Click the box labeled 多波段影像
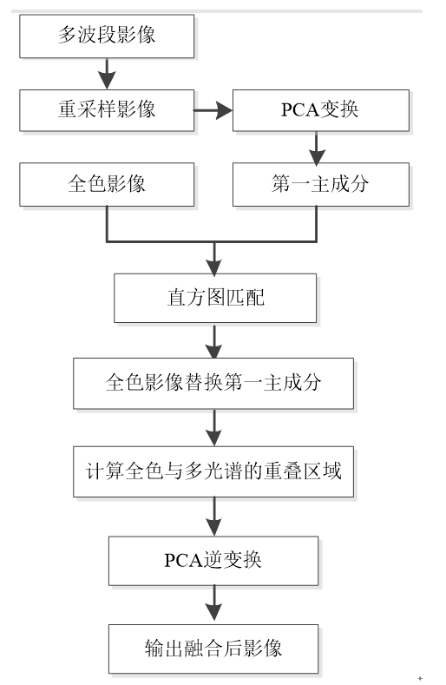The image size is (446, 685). (107, 36)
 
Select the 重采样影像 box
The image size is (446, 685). (107, 110)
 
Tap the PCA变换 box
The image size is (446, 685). (321, 110)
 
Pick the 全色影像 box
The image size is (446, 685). (107, 184)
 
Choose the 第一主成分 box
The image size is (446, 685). (321, 184)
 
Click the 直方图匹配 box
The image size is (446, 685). (215, 298)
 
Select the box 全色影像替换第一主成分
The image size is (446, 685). (213, 383)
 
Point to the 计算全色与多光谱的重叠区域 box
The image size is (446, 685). (213, 471)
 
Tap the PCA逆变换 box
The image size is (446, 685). (213, 561)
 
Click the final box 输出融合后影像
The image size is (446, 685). (213, 649)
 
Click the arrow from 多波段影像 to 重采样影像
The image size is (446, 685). (107, 74)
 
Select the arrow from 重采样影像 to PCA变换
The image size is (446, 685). (213, 110)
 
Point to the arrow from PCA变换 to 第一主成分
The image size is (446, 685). (317, 148)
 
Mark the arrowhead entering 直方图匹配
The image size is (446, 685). (214, 266)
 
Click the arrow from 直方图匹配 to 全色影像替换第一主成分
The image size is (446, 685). (214, 340)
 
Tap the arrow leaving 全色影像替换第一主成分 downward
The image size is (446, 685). (214, 428)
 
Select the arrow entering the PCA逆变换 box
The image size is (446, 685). (214, 517)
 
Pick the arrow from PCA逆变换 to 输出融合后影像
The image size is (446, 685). (214, 605)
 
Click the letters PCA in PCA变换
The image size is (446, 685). (300, 110)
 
